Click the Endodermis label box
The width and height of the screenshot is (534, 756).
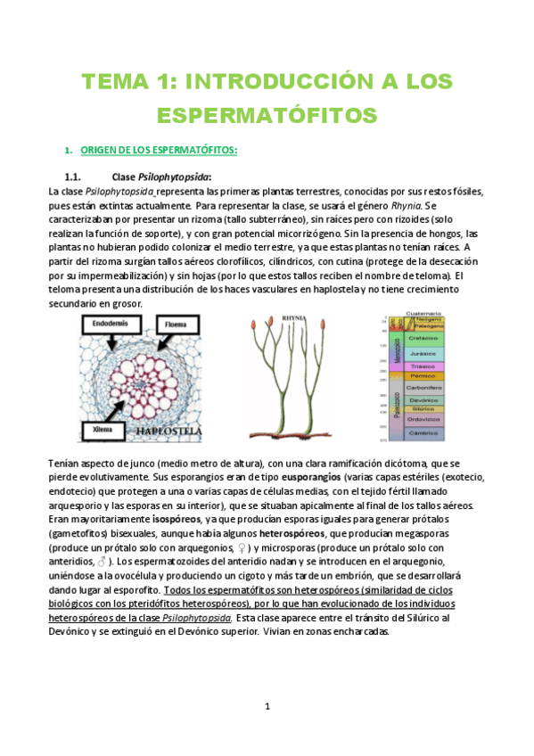point(111,326)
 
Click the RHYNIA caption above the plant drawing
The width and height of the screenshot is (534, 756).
point(293,317)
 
